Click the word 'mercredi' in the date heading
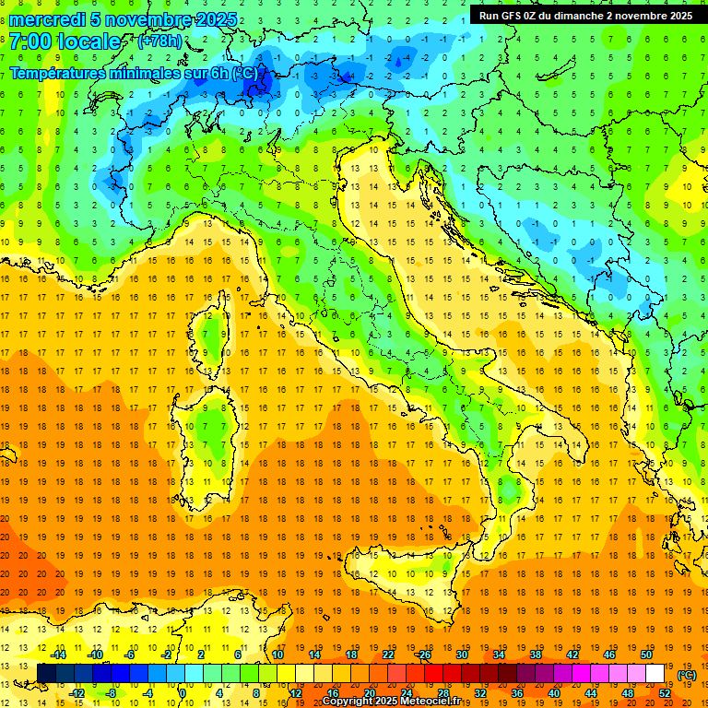[x=47, y=19]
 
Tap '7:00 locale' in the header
[x=65, y=41]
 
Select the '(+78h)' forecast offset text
[x=159, y=41]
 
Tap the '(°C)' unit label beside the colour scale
[x=686, y=675]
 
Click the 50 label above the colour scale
[x=645, y=655]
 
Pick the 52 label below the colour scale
[x=664, y=693]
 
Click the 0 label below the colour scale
[x=183, y=693]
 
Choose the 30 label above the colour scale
[x=461, y=655]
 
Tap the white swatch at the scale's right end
[x=655, y=674]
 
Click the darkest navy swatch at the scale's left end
[x=46, y=674]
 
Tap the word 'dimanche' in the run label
[x=583, y=15]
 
